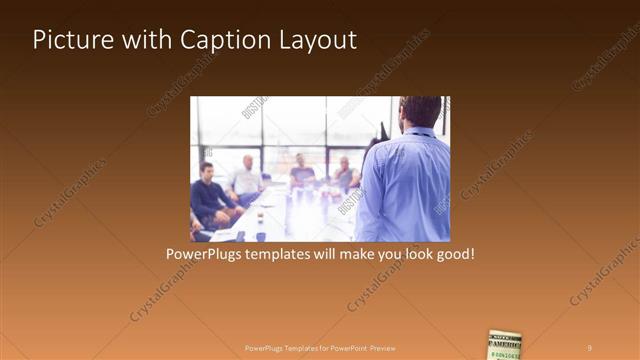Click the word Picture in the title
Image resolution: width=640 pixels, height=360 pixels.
pos(68,40)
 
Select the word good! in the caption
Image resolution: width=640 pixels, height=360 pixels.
pos(452,255)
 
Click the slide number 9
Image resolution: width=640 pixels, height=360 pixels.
pos(590,347)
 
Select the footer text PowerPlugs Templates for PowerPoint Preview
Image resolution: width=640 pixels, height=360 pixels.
pos(319,347)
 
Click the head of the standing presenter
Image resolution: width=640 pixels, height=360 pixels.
pos(420,111)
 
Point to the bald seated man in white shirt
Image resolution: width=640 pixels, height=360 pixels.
pos(245,180)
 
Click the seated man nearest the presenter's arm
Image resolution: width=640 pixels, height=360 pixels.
pos(345,174)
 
